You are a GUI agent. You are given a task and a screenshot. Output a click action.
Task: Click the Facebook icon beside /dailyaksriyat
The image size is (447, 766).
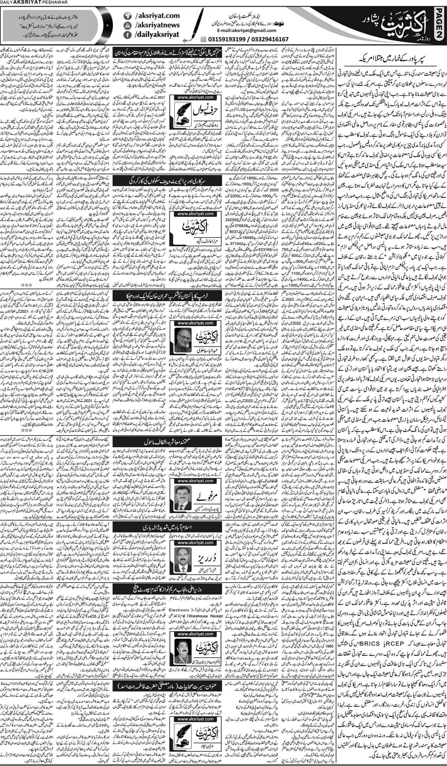point(126,35)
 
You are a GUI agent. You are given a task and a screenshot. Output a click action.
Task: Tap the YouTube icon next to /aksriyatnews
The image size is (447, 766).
point(126,25)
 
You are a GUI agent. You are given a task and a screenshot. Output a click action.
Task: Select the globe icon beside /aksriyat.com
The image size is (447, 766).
point(126,15)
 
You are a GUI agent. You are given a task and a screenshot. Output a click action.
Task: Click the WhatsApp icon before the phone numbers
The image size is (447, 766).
point(203,39)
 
